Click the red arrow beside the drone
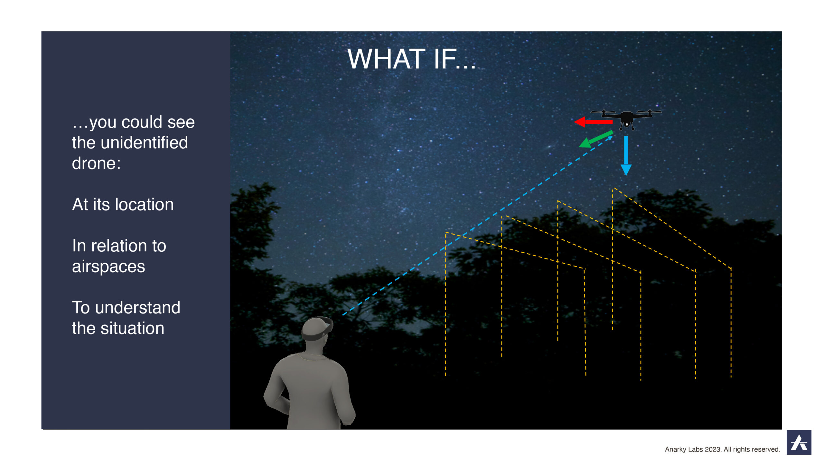pyautogui.click(x=593, y=122)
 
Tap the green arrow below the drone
pyautogui.click(x=596, y=139)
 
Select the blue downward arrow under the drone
pyautogui.click(x=626, y=156)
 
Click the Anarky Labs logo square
pyautogui.click(x=799, y=442)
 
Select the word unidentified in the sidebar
pyautogui.click(x=144, y=142)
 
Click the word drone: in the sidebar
pyautogui.click(x=96, y=163)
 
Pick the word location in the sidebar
pyautogui.click(x=145, y=204)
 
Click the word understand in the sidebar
pyautogui.click(x=138, y=307)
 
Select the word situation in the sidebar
pyautogui.click(x=132, y=328)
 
